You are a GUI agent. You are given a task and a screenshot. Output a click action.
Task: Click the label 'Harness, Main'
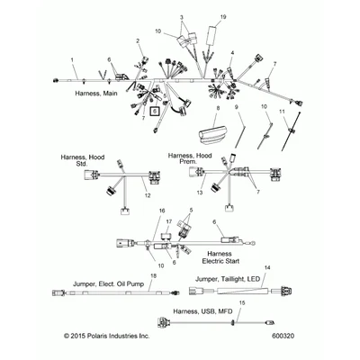(96, 94)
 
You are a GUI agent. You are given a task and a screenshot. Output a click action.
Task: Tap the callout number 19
(222, 17)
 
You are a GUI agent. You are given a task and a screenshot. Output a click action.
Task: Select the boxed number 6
(155, 112)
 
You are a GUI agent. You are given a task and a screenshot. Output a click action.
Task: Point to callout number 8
(218, 108)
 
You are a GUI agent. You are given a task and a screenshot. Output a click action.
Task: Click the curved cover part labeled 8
(212, 133)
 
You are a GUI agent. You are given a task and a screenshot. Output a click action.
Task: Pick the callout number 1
(72, 60)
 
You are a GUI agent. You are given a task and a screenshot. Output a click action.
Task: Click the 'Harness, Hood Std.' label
(83, 160)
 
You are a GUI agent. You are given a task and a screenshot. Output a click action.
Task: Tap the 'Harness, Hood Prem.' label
(190, 158)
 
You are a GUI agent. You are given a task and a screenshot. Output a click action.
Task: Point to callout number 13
(200, 193)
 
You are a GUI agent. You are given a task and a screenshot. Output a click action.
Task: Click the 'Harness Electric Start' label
(220, 257)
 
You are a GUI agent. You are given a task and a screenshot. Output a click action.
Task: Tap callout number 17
(169, 221)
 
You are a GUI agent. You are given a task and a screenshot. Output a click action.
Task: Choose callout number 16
(162, 211)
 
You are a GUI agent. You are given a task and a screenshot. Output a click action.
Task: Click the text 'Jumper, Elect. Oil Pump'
(108, 283)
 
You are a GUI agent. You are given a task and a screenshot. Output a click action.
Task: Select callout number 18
(153, 275)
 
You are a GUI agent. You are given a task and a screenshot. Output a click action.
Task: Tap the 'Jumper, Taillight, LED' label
(228, 279)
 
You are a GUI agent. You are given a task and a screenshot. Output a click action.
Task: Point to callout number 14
(267, 267)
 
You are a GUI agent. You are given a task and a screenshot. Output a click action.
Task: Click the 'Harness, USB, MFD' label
(202, 311)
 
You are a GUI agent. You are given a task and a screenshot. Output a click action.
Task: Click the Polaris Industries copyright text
(106, 336)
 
